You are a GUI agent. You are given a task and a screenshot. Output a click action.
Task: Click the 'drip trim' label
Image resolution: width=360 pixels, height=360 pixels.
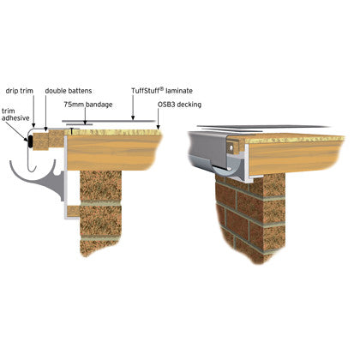pos(20,91)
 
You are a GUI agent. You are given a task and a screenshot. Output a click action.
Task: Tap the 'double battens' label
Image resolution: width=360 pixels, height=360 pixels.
pos(69,91)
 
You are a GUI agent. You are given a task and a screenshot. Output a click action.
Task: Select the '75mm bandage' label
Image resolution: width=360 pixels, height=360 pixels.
pos(88,105)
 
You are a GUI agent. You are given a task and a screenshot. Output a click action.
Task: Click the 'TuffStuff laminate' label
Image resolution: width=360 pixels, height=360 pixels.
pos(162,91)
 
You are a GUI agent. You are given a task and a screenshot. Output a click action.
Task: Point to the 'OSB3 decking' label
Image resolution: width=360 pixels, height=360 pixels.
pos(179,105)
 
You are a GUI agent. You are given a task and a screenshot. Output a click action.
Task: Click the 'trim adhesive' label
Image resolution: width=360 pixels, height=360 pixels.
pos(15,114)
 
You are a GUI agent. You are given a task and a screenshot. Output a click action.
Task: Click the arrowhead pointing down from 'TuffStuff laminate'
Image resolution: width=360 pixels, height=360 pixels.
pos(133,117)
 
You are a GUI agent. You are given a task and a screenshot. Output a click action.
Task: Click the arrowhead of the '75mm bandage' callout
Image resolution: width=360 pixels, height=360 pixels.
pos(85,122)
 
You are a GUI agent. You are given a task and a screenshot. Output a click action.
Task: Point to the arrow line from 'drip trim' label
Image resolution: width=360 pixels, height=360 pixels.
pos(33,111)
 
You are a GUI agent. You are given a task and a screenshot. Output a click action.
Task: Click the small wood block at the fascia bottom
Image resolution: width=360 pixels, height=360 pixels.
pos(74,211)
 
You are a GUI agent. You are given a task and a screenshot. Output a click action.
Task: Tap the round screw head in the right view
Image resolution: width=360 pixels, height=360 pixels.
pos(231,147)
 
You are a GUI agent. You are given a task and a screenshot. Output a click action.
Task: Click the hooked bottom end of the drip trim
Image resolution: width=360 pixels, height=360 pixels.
pos(32,169)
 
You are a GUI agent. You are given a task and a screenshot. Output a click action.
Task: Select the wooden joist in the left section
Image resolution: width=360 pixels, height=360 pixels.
pos(114,153)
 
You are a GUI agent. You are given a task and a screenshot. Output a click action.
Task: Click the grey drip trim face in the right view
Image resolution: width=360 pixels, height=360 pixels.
pos(207,147)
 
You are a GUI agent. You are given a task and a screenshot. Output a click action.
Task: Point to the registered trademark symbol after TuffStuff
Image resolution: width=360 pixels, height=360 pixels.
pos(161,89)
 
